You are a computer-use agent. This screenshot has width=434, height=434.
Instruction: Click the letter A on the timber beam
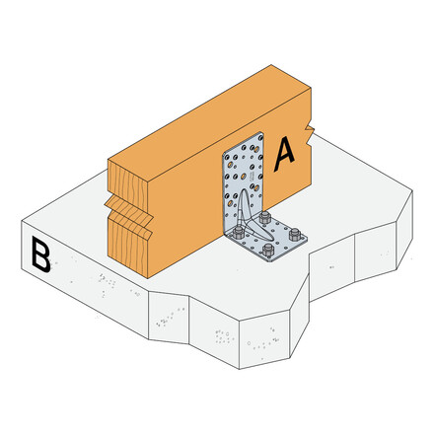[x=285, y=152]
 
